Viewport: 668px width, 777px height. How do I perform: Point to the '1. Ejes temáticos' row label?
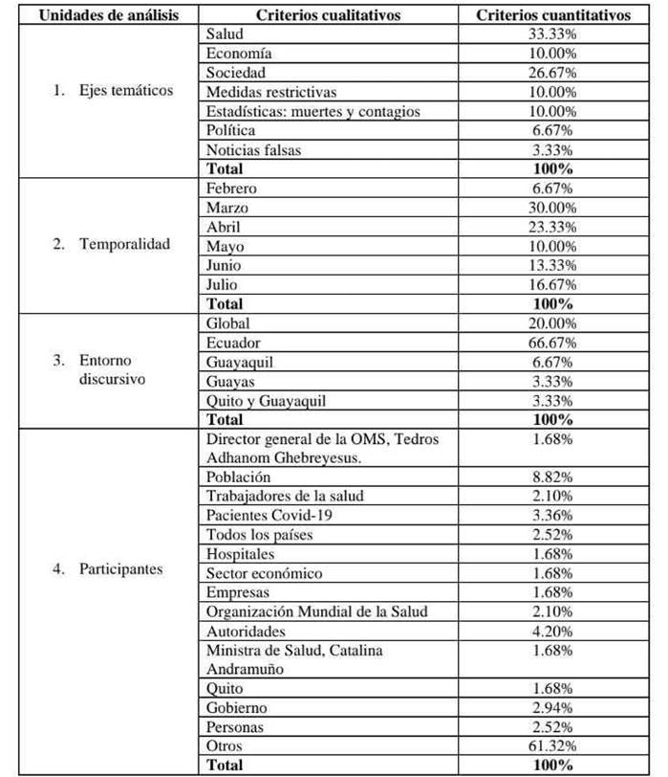click(114, 91)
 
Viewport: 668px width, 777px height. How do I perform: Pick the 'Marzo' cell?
click(226, 207)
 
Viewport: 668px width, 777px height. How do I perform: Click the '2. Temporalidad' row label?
click(112, 244)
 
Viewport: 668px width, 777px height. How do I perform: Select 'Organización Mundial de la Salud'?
click(316, 611)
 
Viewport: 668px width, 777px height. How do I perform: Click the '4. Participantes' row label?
click(108, 569)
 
